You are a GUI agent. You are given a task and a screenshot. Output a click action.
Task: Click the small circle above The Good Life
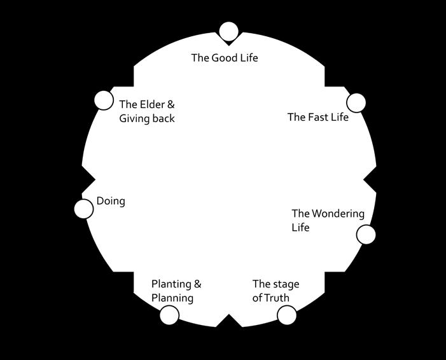[x=228, y=31]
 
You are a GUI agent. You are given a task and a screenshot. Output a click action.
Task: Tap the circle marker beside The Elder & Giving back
[x=103, y=100]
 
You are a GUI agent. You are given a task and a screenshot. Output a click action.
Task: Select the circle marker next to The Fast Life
[x=356, y=102]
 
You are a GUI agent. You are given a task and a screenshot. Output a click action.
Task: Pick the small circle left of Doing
[x=83, y=209]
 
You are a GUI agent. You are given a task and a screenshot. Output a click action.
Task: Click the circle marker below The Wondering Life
[x=366, y=234]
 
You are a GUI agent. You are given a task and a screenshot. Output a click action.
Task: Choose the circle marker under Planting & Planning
[x=169, y=315]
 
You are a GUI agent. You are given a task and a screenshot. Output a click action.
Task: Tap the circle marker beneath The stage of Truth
[x=287, y=315]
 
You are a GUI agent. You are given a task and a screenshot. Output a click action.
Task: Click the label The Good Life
[x=225, y=58]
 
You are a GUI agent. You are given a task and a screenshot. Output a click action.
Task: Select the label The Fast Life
[x=317, y=117]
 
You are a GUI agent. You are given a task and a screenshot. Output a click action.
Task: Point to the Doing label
[x=111, y=201]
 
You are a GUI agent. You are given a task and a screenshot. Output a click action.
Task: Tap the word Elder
[x=153, y=104]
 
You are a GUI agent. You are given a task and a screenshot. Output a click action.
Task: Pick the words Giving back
[x=147, y=118]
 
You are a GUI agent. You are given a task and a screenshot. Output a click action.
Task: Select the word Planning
[x=172, y=298]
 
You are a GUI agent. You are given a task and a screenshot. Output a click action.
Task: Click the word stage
[x=286, y=284]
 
